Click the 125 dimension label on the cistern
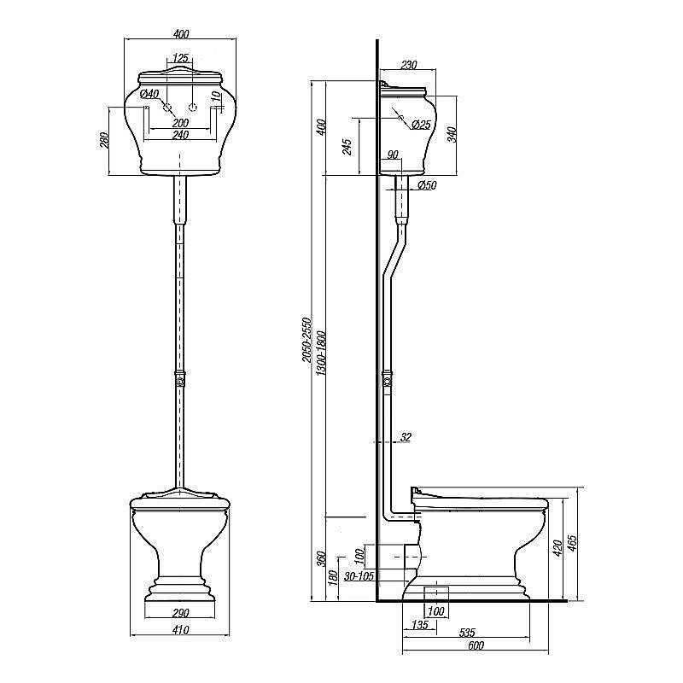pyautogui.click(x=180, y=57)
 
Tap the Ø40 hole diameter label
pyautogui.click(x=149, y=94)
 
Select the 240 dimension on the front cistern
pyautogui.click(x=180, y=135)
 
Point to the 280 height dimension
pyautogui.click(x=105, y=140)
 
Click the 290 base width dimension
pyautogui.click(x=180, y=613)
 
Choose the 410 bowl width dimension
pyautogui.click(x=180, y=630)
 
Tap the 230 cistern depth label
pyautogui.click(x=409, y=65)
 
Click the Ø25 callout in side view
pyautogui.click(x=421, y=125)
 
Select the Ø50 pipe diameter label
pyautogui.click(x=427, y=185)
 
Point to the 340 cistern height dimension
pyautogui.click(x=452, y=134)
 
